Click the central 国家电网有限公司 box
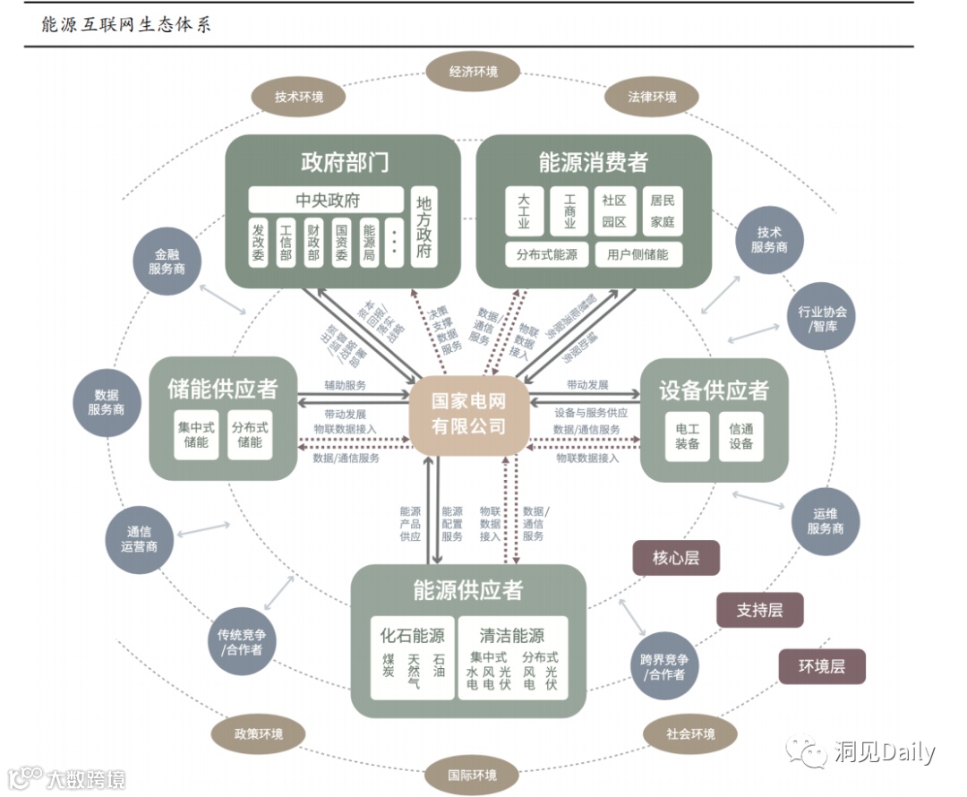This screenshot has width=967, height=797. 468,415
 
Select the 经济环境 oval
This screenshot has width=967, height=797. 473,72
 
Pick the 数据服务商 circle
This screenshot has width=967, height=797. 106,402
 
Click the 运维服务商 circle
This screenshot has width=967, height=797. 825,521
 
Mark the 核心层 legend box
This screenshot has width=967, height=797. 675,558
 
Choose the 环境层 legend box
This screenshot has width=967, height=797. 821,666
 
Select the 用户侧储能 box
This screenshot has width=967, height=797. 638,254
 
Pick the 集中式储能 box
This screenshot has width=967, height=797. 195,434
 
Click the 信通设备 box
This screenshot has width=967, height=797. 740,436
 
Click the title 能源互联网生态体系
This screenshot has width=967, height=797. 125,24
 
